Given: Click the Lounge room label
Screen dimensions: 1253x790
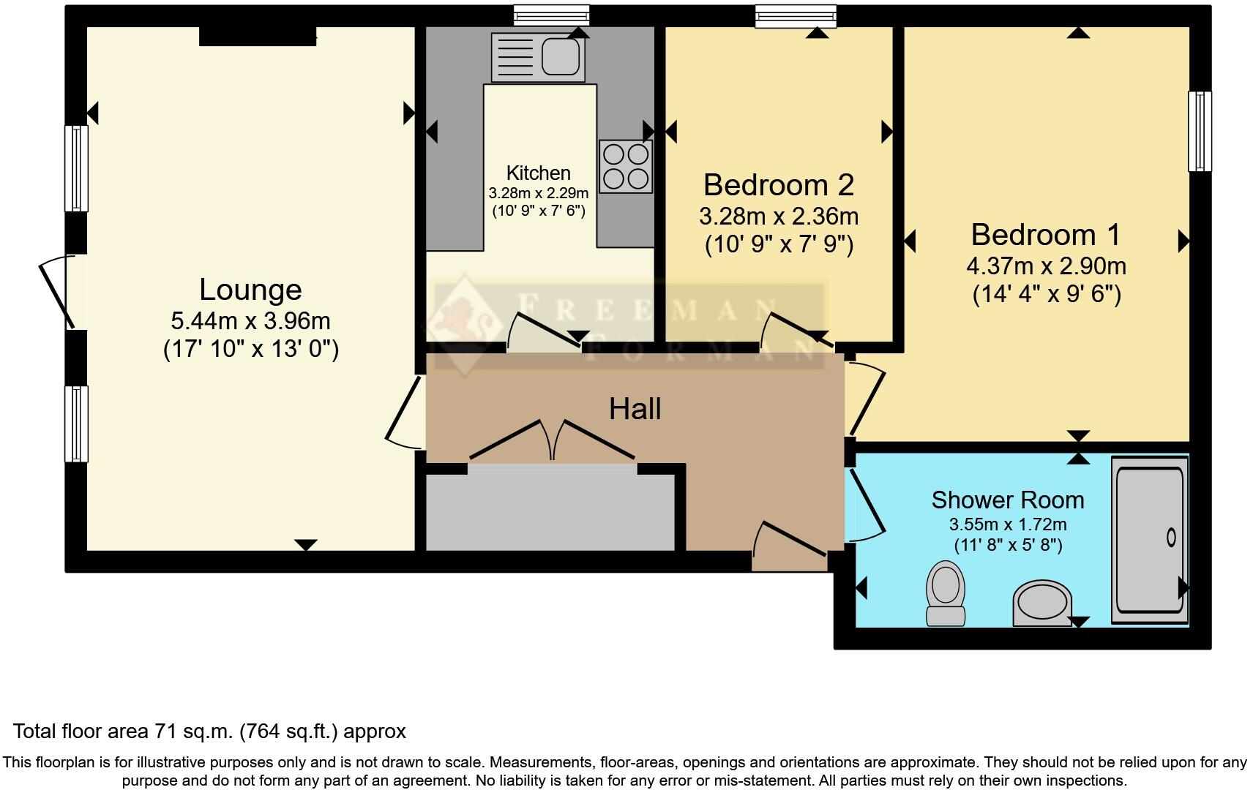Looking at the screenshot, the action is pos(250,290).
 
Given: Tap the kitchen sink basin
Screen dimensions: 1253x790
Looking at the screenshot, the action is pos(560,56).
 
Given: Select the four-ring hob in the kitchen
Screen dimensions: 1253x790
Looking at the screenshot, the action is pos(626,166).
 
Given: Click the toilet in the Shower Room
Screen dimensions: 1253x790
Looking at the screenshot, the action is pos(946,593).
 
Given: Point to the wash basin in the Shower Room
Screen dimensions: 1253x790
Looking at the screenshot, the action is pos(1042,603).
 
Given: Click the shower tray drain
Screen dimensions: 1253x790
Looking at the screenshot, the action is pos(1171,538).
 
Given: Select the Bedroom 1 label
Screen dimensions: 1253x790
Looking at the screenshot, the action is pos(1046,234).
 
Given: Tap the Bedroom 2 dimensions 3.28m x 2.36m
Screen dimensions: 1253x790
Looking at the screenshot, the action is pos(779,217).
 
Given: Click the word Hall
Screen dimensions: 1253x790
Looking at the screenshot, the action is pos(635,409).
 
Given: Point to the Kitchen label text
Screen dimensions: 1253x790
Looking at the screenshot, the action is pos(538,173).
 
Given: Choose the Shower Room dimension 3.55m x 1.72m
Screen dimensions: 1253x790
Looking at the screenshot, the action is pos(1007,524).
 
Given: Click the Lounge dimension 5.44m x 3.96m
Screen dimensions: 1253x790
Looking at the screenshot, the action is pos(250,321).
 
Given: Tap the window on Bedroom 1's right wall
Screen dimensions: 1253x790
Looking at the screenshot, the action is pos(1200,132).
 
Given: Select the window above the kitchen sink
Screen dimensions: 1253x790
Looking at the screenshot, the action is pos(552,15).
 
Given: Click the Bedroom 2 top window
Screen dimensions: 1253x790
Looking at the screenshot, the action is pos(796,15).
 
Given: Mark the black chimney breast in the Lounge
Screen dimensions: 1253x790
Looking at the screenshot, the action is pos(258,36).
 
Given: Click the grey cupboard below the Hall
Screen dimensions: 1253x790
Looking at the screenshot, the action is pos(550,511).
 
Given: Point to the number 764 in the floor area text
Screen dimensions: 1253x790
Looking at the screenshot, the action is pos(263,731).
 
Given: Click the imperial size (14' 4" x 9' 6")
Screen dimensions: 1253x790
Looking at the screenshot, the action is pos(1047,294).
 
